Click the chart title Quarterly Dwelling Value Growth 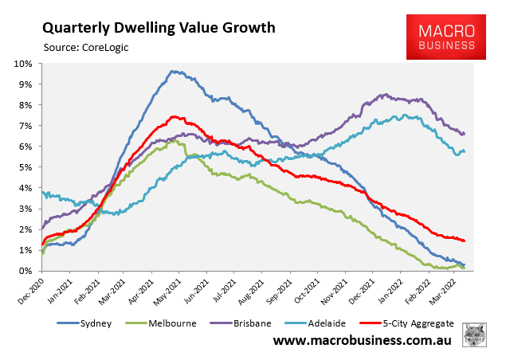(159, 28)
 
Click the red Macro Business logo (446, 37)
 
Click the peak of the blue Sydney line (173, 71)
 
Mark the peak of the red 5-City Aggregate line (174, 116)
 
